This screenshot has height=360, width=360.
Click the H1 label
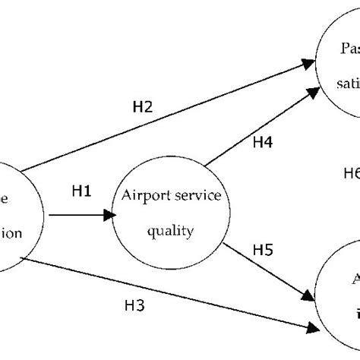[81, 192]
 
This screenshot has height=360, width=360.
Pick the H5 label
[263, 248]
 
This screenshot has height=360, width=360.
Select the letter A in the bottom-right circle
[354, 278]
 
